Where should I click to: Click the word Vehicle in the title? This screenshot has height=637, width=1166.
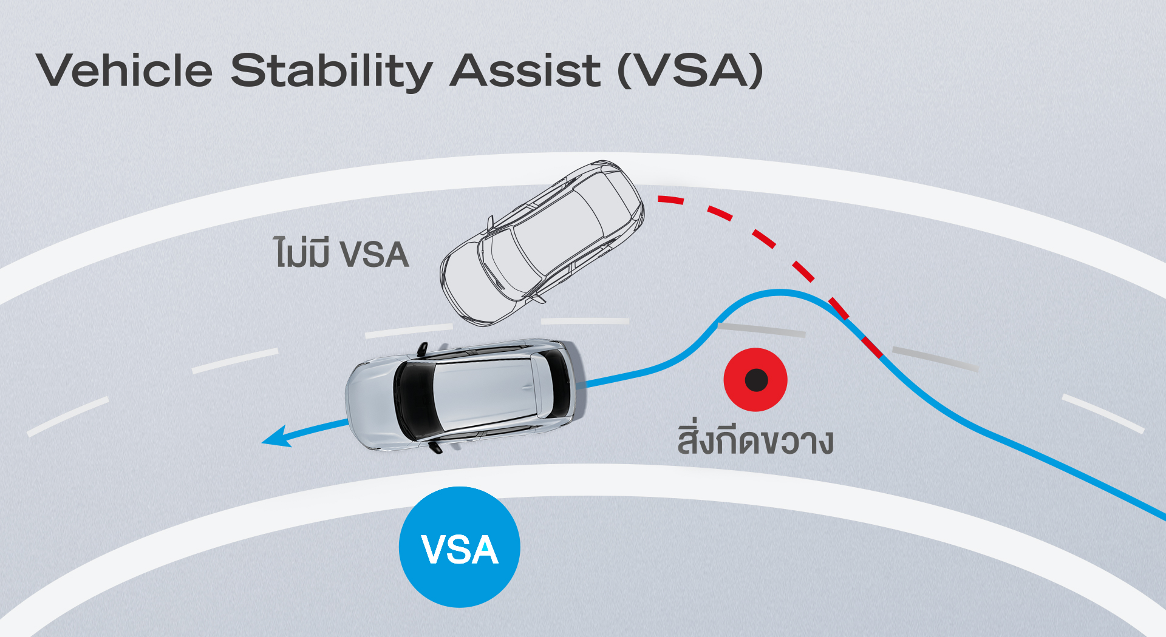[124, 70]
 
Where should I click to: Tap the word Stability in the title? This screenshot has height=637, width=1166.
[332, 72]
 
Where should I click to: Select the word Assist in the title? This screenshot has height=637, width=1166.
[526, 70]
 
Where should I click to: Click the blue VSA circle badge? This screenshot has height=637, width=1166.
[459, 547]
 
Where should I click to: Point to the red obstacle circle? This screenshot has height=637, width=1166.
[755, 380]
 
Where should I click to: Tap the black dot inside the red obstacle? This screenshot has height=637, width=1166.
[756, 380]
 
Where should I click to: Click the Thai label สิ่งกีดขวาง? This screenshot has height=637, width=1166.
[755, 439]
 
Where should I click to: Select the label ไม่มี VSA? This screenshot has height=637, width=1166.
[341, 252]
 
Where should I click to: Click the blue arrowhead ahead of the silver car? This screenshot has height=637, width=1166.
[276, 437]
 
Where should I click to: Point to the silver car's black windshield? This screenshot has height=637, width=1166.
[413, 400]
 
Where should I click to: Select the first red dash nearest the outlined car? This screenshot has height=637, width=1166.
[671, 200]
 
